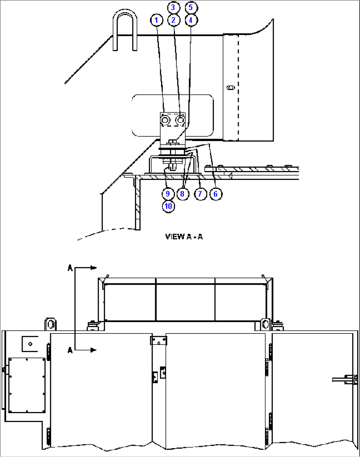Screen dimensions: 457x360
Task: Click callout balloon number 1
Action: [x=157, y=20]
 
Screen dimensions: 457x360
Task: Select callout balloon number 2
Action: [x=173, y=20]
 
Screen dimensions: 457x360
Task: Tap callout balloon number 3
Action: [x=173, y=7]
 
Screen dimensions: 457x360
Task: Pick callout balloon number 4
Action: [x=191, y=20]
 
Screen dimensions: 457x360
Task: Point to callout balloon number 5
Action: [x=191, y=7]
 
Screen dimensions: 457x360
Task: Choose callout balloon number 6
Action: [x=216, y=194]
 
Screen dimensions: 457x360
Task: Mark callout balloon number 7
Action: [x=200, y=194]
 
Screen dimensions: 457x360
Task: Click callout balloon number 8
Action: [x=182, y=194]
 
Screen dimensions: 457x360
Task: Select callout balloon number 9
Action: [x=168, y=194]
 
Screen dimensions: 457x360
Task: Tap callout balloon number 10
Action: [x=168, y=206]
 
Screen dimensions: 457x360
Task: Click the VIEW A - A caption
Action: [x=184, y=236]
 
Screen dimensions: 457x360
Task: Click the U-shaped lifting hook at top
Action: [x=125, y=30]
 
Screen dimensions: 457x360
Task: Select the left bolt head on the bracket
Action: [x=165, y=120]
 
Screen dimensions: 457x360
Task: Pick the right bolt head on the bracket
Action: [x=180, y=120]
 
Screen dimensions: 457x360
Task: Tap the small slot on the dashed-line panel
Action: [x=231, y=88]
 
